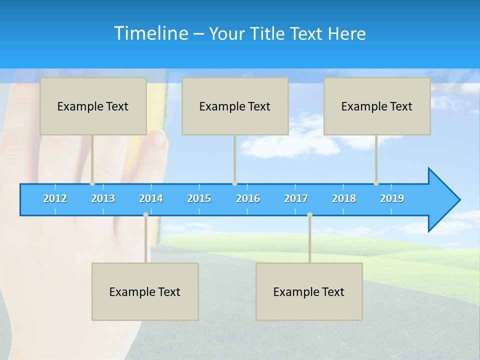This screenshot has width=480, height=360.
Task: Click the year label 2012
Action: [x=55, y=198]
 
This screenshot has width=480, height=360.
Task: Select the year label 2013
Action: [x=103, y=198]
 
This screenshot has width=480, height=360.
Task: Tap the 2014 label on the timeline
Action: [x=151, y=198]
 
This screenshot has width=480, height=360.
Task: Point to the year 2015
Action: [x=199, y=198]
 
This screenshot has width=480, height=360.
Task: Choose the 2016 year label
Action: [x=248, y=198]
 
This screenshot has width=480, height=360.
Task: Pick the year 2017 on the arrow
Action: [x=296, y=198]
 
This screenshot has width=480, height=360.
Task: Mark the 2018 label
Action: [x=344, y=198]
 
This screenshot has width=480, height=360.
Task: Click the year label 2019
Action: [x=392, y=198]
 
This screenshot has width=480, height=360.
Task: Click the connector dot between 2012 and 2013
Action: [x=92, y=183]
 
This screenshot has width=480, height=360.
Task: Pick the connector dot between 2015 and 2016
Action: [x=234, y=183]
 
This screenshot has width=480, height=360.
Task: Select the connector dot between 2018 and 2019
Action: [x=376, y=183]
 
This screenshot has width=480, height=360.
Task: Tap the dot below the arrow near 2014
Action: [x=145, y=214]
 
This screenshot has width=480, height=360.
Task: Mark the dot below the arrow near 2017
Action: [x=309, y=214]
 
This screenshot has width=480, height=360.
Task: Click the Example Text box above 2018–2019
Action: [x=377, y=106]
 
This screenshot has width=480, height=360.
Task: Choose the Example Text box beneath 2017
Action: [x=309, y=291]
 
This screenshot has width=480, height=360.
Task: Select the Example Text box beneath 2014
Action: [x=145, y=291]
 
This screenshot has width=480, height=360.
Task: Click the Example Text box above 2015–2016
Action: [x=235, y=106]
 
